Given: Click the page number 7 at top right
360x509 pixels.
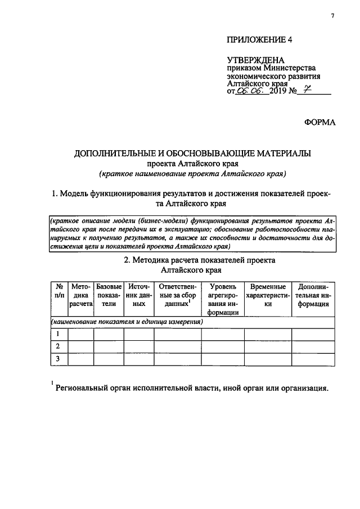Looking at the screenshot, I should coord(332,16).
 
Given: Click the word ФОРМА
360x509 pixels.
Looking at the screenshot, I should coord(319,121).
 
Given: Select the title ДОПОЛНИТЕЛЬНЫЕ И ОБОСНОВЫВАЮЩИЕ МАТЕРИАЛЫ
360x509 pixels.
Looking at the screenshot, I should coord(193,153).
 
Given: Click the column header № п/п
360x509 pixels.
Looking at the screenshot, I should coord(58,291).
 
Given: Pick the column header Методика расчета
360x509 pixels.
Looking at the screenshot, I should coord(80,295).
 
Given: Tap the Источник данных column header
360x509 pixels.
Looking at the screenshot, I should coord(139,295).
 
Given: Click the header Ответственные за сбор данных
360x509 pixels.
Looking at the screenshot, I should coord(178,295).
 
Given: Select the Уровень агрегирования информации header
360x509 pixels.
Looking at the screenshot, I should coord(222,299).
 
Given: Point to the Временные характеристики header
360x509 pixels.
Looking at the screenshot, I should coord(268,295).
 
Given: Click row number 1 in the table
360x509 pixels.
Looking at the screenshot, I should coord(58,334).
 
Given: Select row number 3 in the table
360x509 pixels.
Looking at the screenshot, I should coord(58,358).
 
